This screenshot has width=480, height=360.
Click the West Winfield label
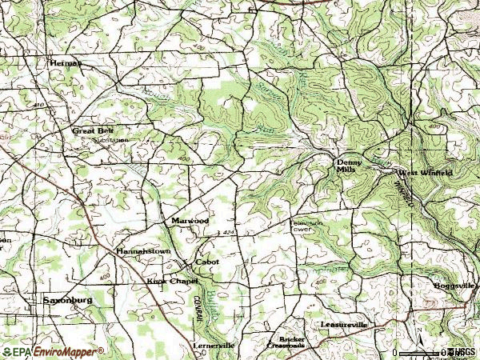[426, 172]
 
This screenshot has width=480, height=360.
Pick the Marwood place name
[190, 220]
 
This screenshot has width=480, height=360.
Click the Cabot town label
[207, 262]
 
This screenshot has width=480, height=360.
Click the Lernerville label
[214, 345]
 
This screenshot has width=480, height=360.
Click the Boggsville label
[455, 286]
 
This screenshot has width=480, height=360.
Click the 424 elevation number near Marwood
[229, 232]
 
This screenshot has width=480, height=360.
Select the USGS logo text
[462, 352]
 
